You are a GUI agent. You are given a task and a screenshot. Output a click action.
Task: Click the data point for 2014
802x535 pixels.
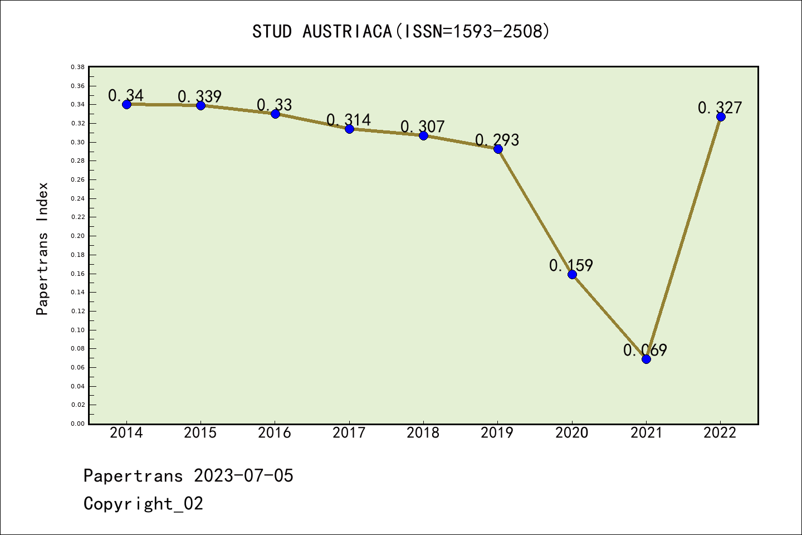pos(126,104)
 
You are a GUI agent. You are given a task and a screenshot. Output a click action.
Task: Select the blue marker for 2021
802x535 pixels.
pos(646,359)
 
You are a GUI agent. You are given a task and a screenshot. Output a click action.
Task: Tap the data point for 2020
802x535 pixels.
pos(572,274)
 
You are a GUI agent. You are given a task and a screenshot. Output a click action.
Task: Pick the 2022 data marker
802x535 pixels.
pos(721,116)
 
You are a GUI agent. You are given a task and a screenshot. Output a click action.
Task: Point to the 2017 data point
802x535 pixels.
pos(349,129)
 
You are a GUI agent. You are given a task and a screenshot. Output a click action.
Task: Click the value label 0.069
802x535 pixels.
pos(645,350)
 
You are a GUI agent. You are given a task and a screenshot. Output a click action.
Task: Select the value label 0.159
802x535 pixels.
pos(571,265)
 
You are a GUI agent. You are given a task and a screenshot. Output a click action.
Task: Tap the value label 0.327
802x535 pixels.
pos(720,107)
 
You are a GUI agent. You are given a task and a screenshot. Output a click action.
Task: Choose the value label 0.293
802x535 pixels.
pos(497,139)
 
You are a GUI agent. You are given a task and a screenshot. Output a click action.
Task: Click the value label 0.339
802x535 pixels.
pos(199,96)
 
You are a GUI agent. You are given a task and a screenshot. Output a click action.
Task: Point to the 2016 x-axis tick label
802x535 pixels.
pos(275,432)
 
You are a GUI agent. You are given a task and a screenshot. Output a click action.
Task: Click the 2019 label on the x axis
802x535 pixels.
pos(497,432)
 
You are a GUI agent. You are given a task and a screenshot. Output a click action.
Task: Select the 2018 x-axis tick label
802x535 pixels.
pos(423,432)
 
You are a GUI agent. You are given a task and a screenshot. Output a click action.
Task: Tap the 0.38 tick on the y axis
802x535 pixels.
pos(77,67)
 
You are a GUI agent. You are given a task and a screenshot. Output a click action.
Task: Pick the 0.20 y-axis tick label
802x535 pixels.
pos(77,236)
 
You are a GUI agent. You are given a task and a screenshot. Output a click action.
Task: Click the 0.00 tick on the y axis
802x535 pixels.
pos(77,424)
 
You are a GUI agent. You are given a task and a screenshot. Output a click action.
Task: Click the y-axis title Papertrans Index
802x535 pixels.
pos(42,249)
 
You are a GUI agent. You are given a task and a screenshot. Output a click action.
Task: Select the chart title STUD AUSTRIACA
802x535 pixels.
pos(400,31)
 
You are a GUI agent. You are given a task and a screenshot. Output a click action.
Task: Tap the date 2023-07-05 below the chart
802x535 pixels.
pos(243,475)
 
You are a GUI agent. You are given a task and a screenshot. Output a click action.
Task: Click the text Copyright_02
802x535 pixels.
pos(143,503)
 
